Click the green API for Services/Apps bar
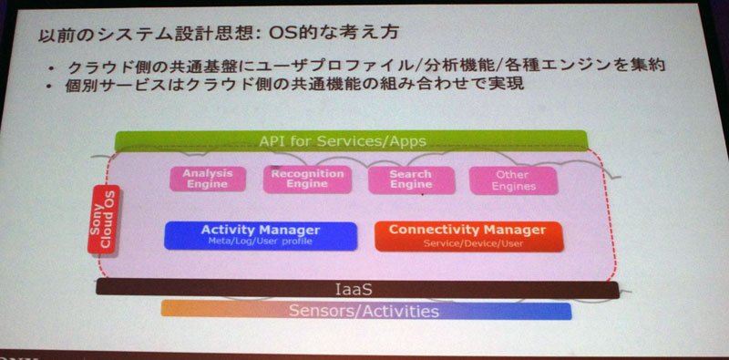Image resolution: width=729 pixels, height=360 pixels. pyautogui.click(x=352, y=141)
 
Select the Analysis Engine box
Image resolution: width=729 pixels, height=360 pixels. pyautogui.click(x=208, y=179)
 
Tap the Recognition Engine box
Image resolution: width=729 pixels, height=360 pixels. pyautogui.click(x=307, y=180)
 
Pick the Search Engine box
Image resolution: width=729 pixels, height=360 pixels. pyautogui.click(x=411, y=180)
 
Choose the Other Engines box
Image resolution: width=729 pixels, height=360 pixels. pyautogui.click(x=513, y=181)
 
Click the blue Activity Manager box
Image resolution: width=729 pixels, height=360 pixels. pyautogui.click(x=261, y=236)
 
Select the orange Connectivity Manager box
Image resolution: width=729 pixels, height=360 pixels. pyautogui.click(x=468, y=237)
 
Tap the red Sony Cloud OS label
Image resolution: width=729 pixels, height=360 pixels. pyautogui.click(x=104, y=219)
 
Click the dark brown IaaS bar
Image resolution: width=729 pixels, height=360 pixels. pyautogui.click(x=357, y=289)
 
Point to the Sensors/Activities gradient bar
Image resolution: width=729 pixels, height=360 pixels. pyautogui.click(x=366, y=310)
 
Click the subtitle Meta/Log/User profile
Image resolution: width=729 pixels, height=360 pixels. pyautogui.click(x=261, y=242)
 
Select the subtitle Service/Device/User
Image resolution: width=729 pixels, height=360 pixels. pyautogui.click(x=473, y=243)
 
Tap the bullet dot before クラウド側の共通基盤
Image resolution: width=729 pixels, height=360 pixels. pyautogui.click(x=52, y=69)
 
